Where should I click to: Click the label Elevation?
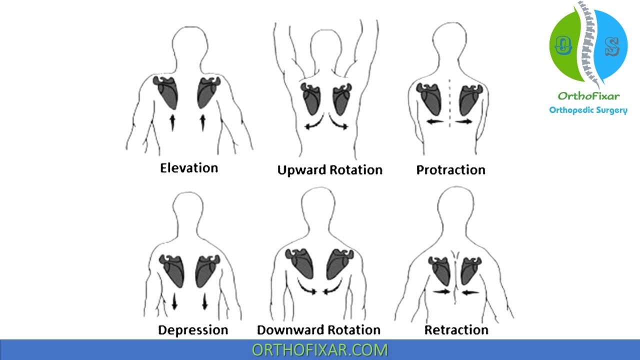click(x=189, y=167)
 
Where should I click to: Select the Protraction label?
click(x=450, y=170)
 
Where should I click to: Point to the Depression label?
click(x=193, y=330)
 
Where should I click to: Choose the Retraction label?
click(x=456, y=330)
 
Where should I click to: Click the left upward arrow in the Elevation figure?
click(x=172, y=122)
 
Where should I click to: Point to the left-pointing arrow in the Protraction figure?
click(x=434, y=121)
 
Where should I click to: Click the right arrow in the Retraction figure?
click(x=469, y=292)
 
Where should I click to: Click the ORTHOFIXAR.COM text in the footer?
click(x=319, y=349)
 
